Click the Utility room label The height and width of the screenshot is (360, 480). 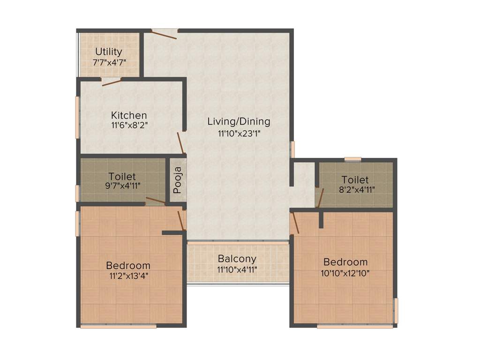(109, 52)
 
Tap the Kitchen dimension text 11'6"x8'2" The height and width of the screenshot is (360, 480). (128, 125)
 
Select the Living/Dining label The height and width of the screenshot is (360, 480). (239, 121)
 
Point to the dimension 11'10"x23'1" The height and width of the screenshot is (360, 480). (239, 133)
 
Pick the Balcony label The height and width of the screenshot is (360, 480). (237, 259)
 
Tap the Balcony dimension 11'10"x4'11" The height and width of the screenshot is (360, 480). (237, 270)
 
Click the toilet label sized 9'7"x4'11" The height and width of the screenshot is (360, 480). (122, 177)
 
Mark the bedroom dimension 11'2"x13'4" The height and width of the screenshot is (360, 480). (128, 276)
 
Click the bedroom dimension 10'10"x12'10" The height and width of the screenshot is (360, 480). (345, 273)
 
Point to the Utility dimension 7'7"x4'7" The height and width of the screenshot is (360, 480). (109, 62)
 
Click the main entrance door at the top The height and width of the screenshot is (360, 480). (165, 33)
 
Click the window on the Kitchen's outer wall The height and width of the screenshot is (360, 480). (77, 117)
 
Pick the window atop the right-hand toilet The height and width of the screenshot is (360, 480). (352, 159)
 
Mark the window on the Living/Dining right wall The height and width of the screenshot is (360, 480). (292, 149)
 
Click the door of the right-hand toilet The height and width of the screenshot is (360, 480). (320, 197)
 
